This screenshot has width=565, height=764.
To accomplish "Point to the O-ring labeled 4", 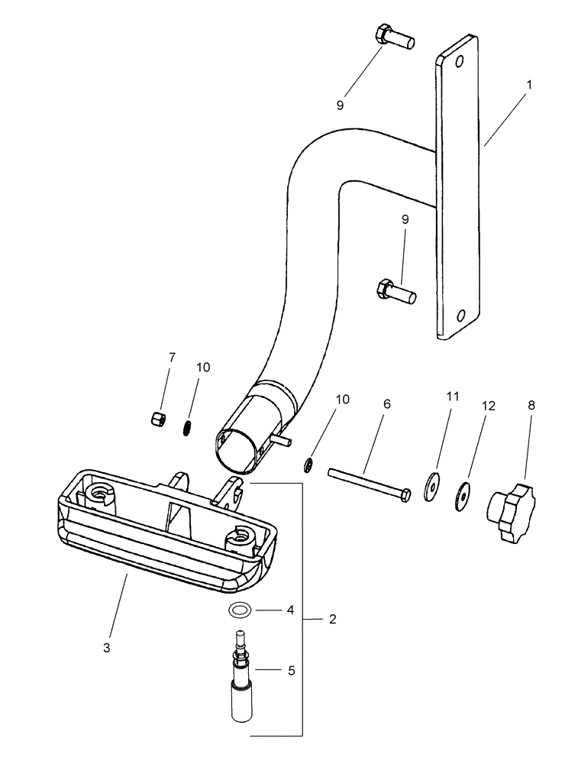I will click(x=240, y=609).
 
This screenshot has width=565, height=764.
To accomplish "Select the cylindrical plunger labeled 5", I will click(x=241, y=681).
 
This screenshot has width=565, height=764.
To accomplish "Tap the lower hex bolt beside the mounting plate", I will click(x=394, y=290).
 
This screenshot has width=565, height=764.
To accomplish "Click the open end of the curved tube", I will click(x=237, y=451).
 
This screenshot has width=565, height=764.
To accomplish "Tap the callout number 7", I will click(x=172, y=357).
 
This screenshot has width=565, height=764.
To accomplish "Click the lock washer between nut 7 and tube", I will click(x=186, y=428).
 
